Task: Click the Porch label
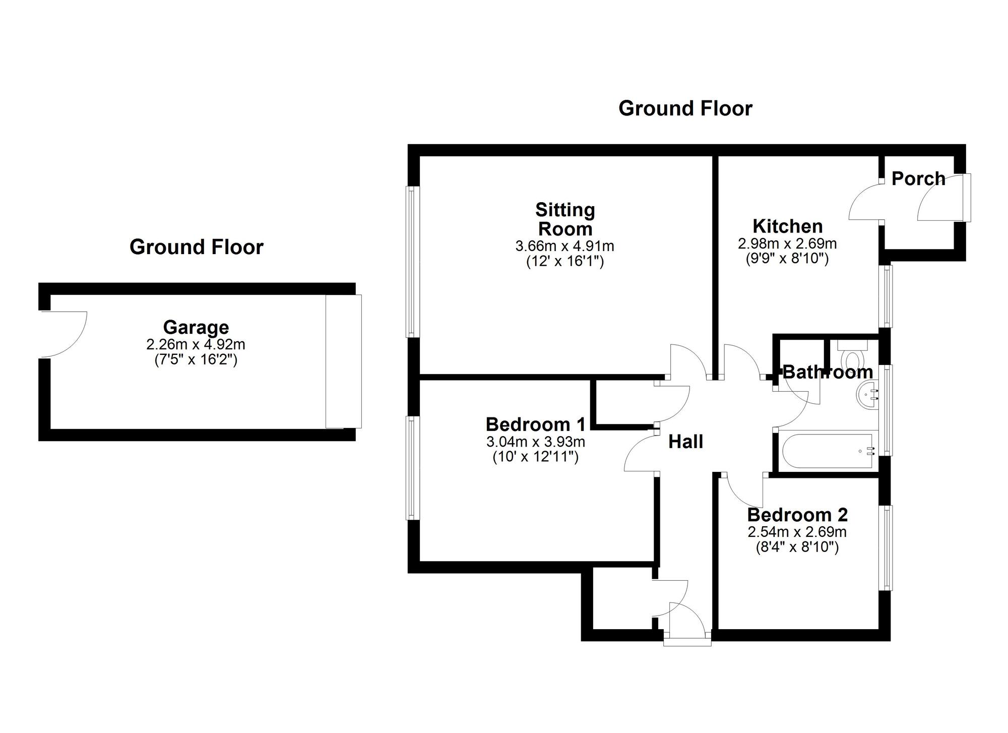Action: point(918,179)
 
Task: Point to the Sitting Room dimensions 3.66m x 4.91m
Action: point(564,247)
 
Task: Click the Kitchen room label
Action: point(787,226)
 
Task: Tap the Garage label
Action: point(196,328)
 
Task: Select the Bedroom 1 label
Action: point(535,424)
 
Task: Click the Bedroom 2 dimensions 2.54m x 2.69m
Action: point(797,532)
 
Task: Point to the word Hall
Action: point(685,442)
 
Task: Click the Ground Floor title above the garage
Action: point(197,247)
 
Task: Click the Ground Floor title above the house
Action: point(685,108)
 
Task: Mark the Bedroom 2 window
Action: point(886,547)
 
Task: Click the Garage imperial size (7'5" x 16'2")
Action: point(196,360)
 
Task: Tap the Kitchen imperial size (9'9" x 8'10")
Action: point(787,259)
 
